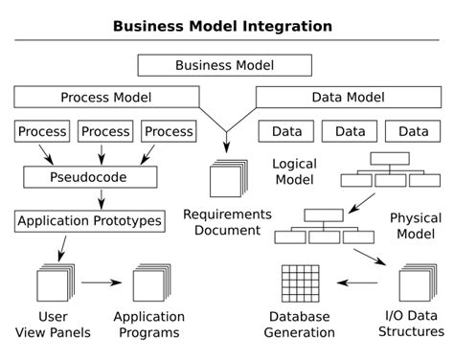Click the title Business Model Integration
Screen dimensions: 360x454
point(223,25)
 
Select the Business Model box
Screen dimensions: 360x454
point(225,65)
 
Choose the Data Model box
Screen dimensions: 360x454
point(349,97)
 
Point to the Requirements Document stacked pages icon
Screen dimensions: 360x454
point(227,179)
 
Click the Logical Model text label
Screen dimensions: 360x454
point(294,173)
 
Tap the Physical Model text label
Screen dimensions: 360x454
point(416,227)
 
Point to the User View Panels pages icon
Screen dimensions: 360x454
point(53,283)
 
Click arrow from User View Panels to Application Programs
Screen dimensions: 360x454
point(102,283)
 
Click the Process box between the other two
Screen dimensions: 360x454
point(104,131)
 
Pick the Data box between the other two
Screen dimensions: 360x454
point(349,131)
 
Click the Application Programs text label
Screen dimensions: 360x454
point(148,325)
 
